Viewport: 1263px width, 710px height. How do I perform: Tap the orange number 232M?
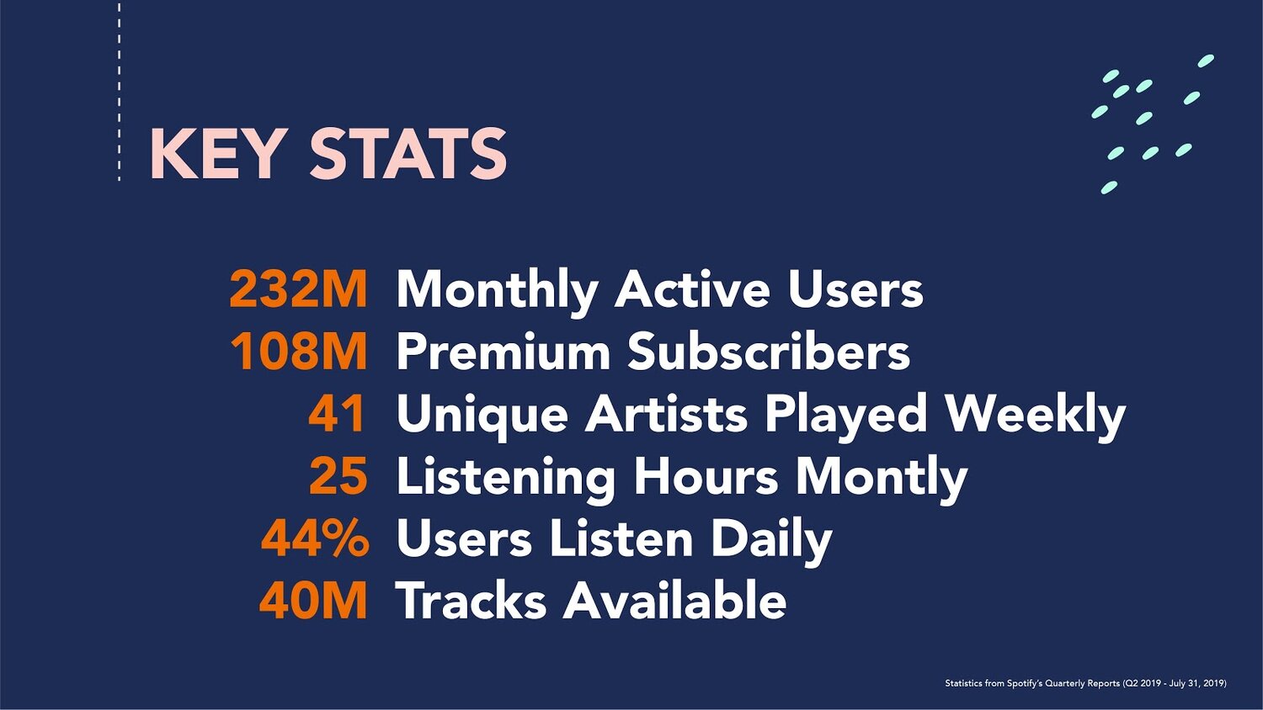pos(298,289)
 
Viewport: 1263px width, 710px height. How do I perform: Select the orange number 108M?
pos(299,351)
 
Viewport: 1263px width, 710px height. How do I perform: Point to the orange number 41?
pos(337,413)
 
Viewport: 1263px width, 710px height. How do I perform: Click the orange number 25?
pos(338,475)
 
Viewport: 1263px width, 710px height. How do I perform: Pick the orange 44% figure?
pos(315,538)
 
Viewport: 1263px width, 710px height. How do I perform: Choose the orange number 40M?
pos(313,601)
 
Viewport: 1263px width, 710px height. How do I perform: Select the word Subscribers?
pos(769,351)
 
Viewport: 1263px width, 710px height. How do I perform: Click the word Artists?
pos(666,413)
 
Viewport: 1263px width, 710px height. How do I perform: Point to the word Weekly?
pos(1035,417)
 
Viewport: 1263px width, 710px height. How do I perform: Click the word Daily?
pos(771,542)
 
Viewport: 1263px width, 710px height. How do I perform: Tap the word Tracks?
pos(471,600)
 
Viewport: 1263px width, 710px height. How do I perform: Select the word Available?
pos(674,600)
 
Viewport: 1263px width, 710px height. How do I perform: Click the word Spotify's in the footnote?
pos(1025,684)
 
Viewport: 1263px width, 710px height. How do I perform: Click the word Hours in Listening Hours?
pos(706,475)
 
